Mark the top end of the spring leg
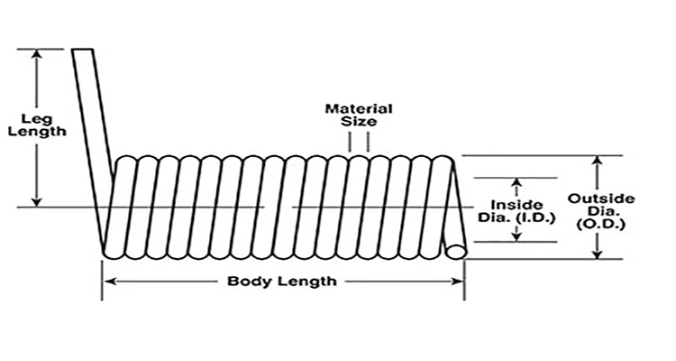coord(84,51)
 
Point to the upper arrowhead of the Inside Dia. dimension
coord(515,181)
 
